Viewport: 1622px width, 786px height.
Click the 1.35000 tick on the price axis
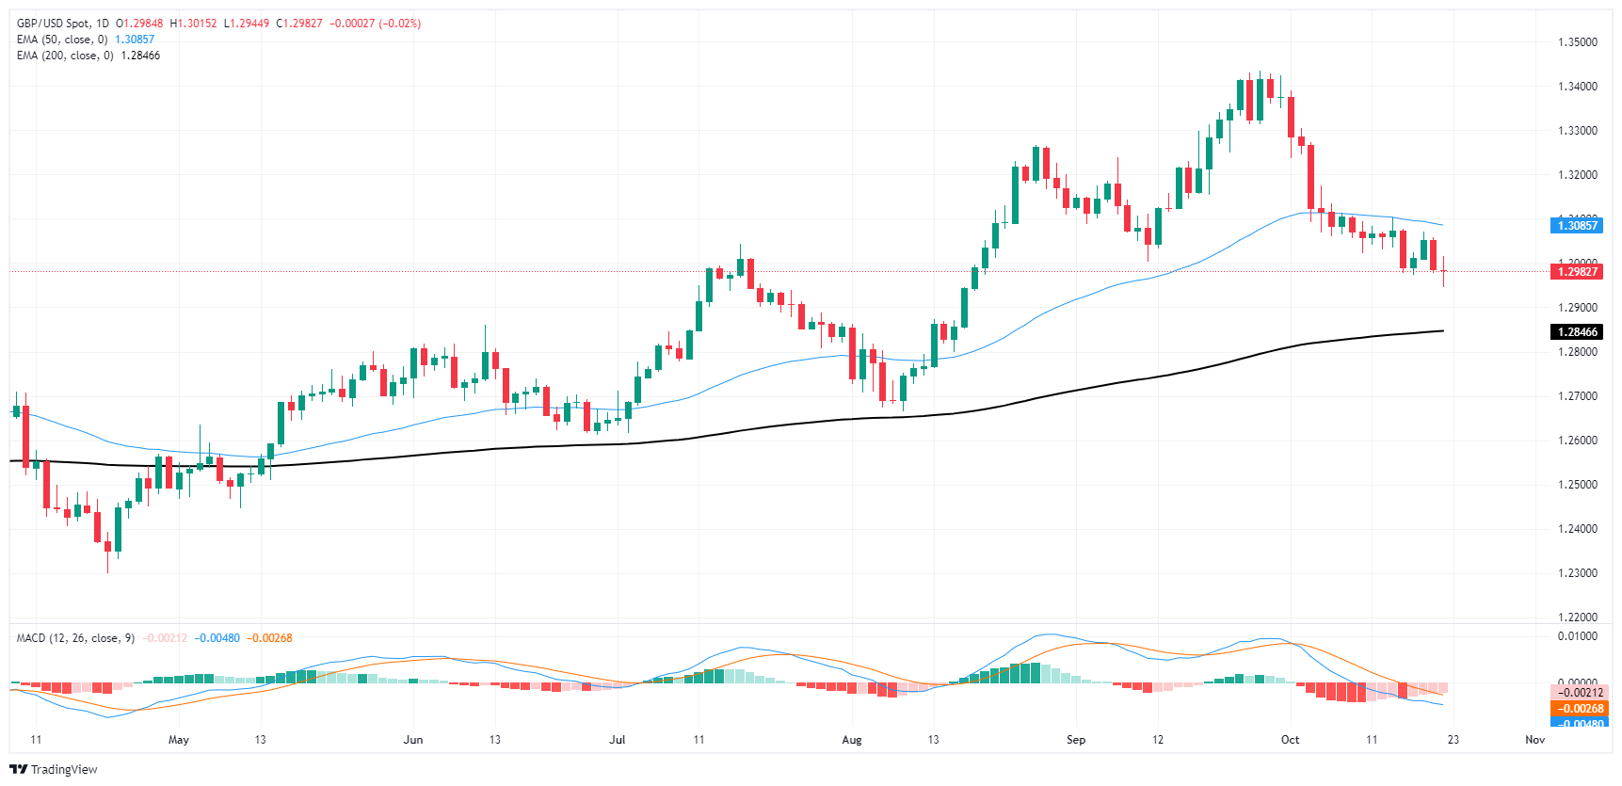tap(1577, 42)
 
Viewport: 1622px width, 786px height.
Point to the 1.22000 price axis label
tap(1577, 618)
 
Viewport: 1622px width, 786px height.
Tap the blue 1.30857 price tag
tap(1577, 225)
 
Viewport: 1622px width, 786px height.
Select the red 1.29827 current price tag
tap(1577, 272)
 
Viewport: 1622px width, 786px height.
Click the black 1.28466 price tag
tap(1577, 332)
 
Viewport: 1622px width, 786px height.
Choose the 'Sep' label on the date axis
tap(1075, 740)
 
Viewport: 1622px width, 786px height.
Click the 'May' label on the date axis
tap(178, 740)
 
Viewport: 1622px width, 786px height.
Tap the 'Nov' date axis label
tap(1534, 740)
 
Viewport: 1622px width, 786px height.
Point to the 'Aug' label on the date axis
tap(851, 740)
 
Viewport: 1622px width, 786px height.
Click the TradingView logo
tap(54, 769)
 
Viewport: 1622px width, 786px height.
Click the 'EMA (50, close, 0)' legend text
tap(62, 40)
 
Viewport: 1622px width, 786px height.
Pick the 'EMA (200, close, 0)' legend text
tap(65, 56)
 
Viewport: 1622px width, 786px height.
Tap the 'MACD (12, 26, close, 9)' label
tap(75, 638)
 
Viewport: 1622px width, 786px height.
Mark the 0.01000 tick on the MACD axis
tap(1577, 636)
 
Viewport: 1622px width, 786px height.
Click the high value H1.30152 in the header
tap(193, 24)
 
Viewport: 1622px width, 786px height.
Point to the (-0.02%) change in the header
tap(400, 24)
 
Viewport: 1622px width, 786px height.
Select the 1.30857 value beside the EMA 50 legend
tap(135, 40)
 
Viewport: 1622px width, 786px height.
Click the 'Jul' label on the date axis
tap(617, 740)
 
